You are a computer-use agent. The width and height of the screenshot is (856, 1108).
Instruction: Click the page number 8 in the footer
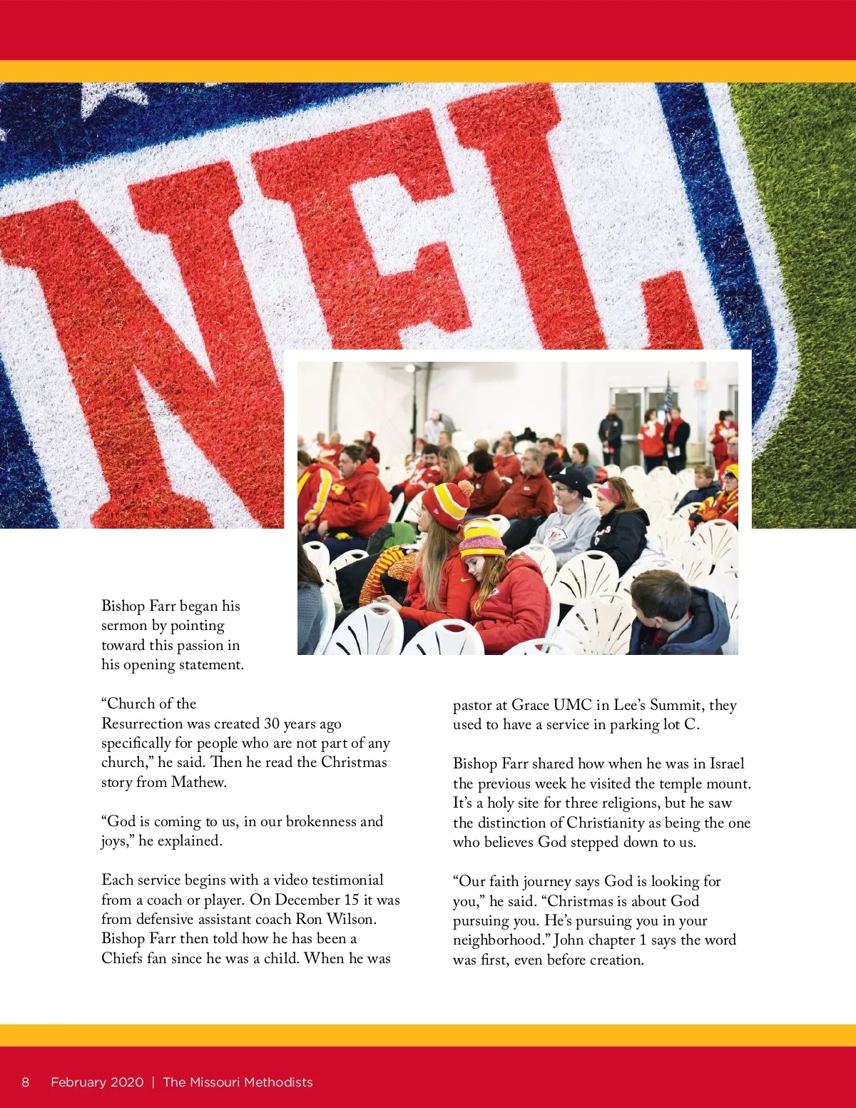tap(26, 1082)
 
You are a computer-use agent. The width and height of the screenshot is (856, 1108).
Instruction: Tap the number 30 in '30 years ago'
tap(272, 723)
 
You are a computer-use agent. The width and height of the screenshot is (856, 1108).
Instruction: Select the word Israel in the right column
tap(726, 763)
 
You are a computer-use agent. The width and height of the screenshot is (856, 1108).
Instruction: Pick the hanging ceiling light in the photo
tap(410, 368)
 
